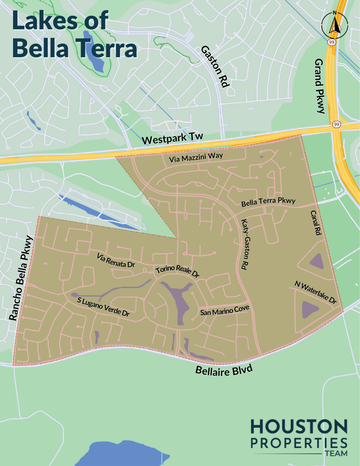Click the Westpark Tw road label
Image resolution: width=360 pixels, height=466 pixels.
click(173, 139)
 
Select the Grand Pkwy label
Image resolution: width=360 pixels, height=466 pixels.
click(319, 86)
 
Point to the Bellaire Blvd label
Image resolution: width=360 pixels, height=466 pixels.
click(224, 371)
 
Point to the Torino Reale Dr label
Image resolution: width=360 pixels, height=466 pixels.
click(177, 271)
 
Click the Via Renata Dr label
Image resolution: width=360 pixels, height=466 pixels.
click(116, 261)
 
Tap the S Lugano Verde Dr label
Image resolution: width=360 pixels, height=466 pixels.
click(103, 307)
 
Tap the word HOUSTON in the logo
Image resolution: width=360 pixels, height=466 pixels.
click(299, 426)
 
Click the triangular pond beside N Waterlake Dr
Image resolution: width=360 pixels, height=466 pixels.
click(310, 309)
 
